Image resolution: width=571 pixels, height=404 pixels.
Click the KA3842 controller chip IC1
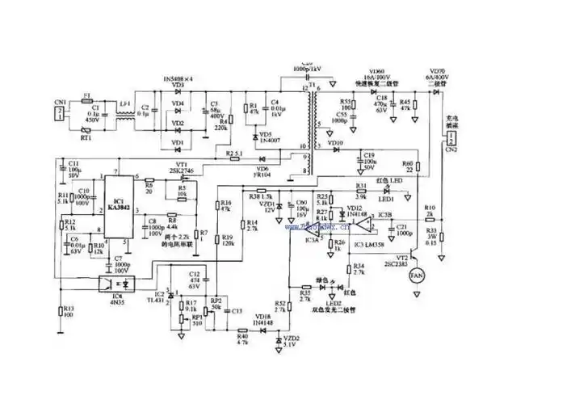tap(119, 207)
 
